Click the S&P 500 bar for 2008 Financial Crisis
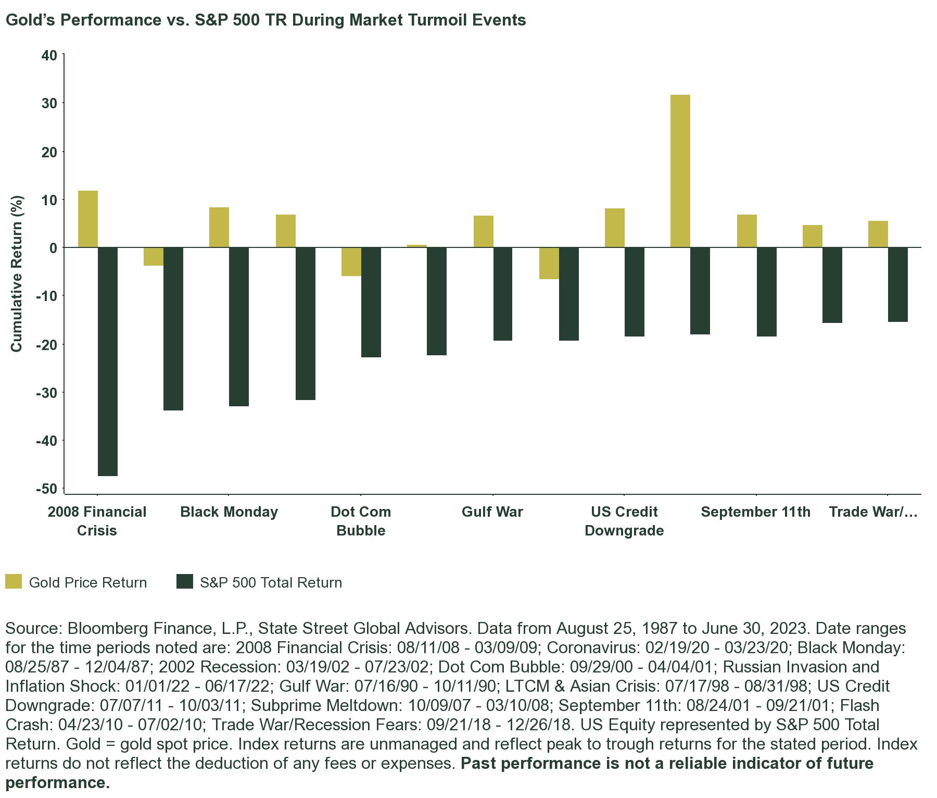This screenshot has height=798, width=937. pos(108,361)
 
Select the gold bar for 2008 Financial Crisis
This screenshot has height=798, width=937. pos(87,219)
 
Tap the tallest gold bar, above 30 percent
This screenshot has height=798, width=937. pos(680,171)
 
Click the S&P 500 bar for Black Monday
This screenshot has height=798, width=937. pos(239,327)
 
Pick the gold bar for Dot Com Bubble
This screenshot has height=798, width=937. pos(351,261)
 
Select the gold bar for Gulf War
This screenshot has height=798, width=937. pos(484,232)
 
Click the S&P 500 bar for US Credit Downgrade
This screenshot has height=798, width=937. pos(635,292)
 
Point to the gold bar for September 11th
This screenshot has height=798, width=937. pos(747,231)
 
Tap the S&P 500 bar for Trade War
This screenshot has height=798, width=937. pos(898,284)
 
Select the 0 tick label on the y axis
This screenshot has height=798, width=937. pos(53,248)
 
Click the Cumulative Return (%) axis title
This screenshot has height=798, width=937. pos(17,273)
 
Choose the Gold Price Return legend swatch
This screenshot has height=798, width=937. pos(14,582)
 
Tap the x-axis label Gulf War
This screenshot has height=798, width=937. pos(492,512)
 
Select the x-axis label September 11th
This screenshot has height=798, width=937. pos(755,512)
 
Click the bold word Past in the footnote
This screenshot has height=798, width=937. pos(477,764)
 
